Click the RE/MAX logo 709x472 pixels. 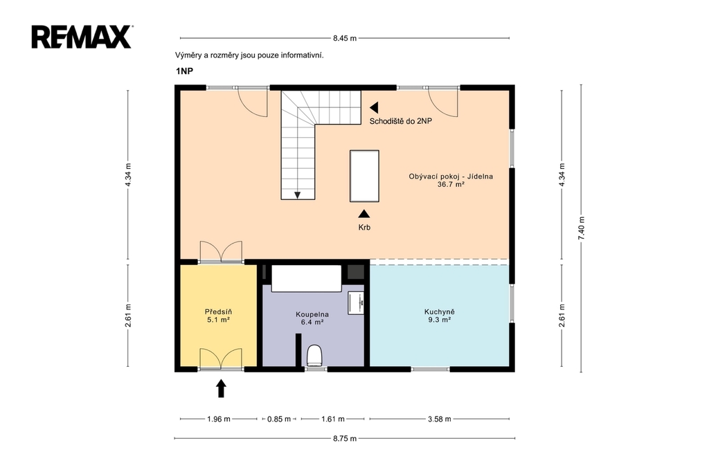pyautogui.click(x=82, y=37)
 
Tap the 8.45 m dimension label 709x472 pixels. pyautogui.click(x=345, y=39)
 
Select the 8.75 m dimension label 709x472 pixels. pyautogui.click(x=345, y=438)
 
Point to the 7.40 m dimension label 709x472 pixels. pyautogui.click(x=582, y=228)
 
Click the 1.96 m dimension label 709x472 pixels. pyautogui.click(x=218, y=419)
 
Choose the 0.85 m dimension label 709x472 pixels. pyautogui.click(x=278, y=419)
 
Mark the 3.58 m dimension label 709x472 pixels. pyautogui.click(x=439, y=419)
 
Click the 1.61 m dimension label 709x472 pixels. pyautogui.click(x=333, y=419)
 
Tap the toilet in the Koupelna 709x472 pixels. pyautogui.click(x=314, y=355)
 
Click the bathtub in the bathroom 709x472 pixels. pyautogui.click(x=306, y=278)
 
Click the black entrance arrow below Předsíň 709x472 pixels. pyautogui.click(x=221, y=388)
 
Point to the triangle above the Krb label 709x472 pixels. pyautogui.click(x=364, y=214)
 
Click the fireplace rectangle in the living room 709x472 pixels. pyautogui.click(x=364, y=176)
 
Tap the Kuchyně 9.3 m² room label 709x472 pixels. pyautogui.click(x=439, y=316)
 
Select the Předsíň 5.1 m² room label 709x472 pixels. pyautogui.click(x=218, y=316)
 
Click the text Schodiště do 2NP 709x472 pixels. pyautogui.click(x=401, y=121)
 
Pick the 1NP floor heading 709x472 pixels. pyautogui.click(x=184, y=71)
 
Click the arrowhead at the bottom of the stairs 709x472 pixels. pyautogui.click(x=298, y=195)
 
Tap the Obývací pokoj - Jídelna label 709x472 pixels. pyautogui.click(x=451, y=176)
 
